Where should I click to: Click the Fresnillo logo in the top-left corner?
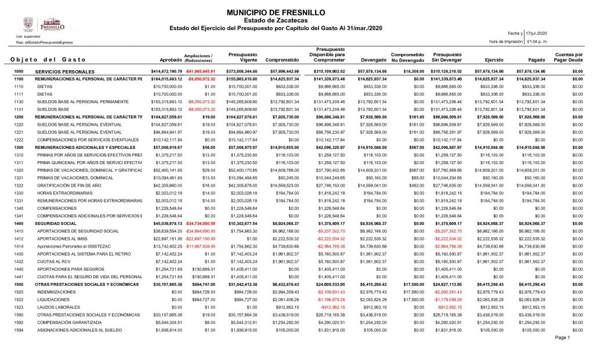pyautogui.click(x=44, y=25)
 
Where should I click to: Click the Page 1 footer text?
pyautogui.click(x=563, y=337)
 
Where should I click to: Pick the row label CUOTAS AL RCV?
pyautogui.click(x=53, y=261)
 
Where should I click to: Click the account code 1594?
pyautogui.click(x=18, y=329)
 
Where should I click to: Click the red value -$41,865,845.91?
pyautogui.click(x=200, y=71)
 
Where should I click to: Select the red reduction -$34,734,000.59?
pyautogui.click(x=200, y=223)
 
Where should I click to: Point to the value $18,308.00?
pyautogui.click(x=410, y=71)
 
